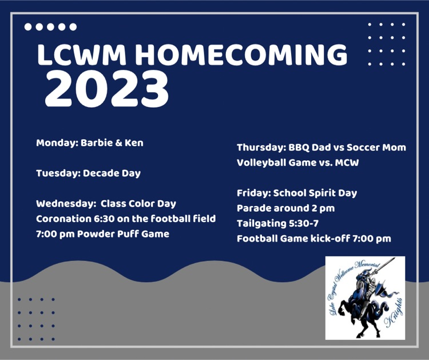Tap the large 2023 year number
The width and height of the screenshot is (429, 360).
(107, 89)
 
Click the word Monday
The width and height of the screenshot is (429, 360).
(57, 143)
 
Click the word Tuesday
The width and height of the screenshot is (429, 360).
(58, 173)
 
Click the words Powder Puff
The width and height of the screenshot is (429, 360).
(108, 234)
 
